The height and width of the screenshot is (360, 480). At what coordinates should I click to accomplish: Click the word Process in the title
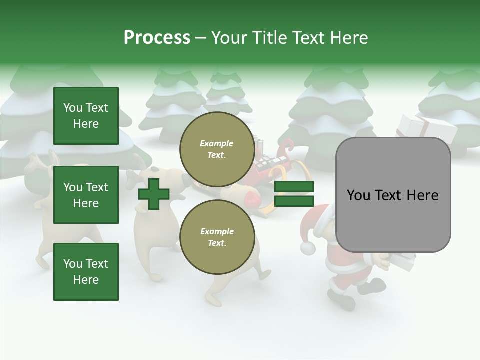(157, 38)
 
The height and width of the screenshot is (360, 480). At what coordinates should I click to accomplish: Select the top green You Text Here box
(86, 116)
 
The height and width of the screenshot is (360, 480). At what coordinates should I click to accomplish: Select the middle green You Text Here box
(86, 195)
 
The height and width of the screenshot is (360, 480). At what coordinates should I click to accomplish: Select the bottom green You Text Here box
(86, 272)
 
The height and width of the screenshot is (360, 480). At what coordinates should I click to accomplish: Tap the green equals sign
(294, 194)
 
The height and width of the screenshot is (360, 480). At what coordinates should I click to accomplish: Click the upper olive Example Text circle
(217, 149)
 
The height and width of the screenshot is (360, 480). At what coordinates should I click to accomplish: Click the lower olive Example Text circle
(217, 237)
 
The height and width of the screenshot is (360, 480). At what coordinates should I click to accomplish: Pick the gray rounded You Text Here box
(393, 195)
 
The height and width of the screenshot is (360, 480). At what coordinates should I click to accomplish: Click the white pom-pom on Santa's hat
(308, 248)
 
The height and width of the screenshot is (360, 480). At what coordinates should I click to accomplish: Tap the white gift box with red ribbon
(427, 127)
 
